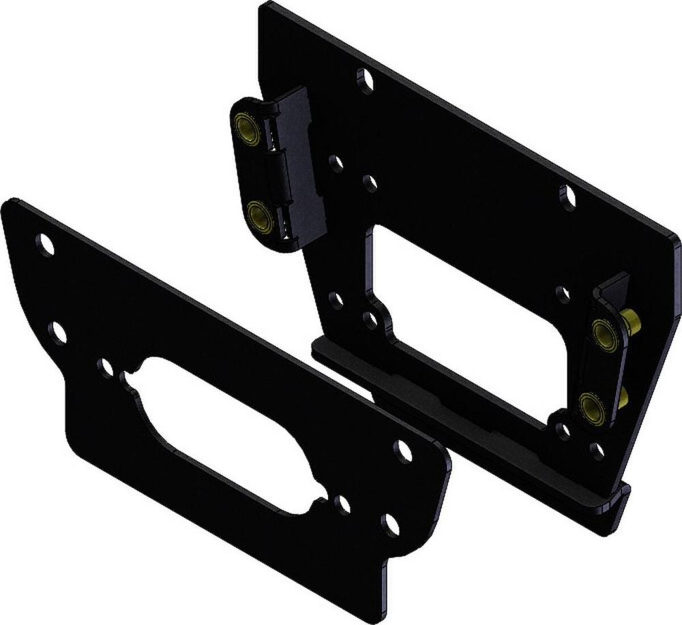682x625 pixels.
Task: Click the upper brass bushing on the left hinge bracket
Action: tap(248, 128)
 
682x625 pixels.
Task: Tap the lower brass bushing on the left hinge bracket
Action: tap(260, 217)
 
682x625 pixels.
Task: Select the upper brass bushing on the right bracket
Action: tap(604, 335)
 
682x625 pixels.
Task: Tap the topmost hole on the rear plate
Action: tap(366, 81)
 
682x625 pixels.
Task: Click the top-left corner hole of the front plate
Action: tap(45, 244)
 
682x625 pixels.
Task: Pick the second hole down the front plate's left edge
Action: tap(58, 333)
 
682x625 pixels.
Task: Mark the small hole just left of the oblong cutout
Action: tap(105, 368)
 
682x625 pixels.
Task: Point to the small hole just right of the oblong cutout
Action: tap(342, 504)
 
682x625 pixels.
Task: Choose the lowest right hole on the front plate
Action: tap(390, 524)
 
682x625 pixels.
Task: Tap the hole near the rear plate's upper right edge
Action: tap(568, 197)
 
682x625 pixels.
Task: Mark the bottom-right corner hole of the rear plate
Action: tap(597, 450)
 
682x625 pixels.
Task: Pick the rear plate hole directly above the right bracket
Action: tap(563, 294)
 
